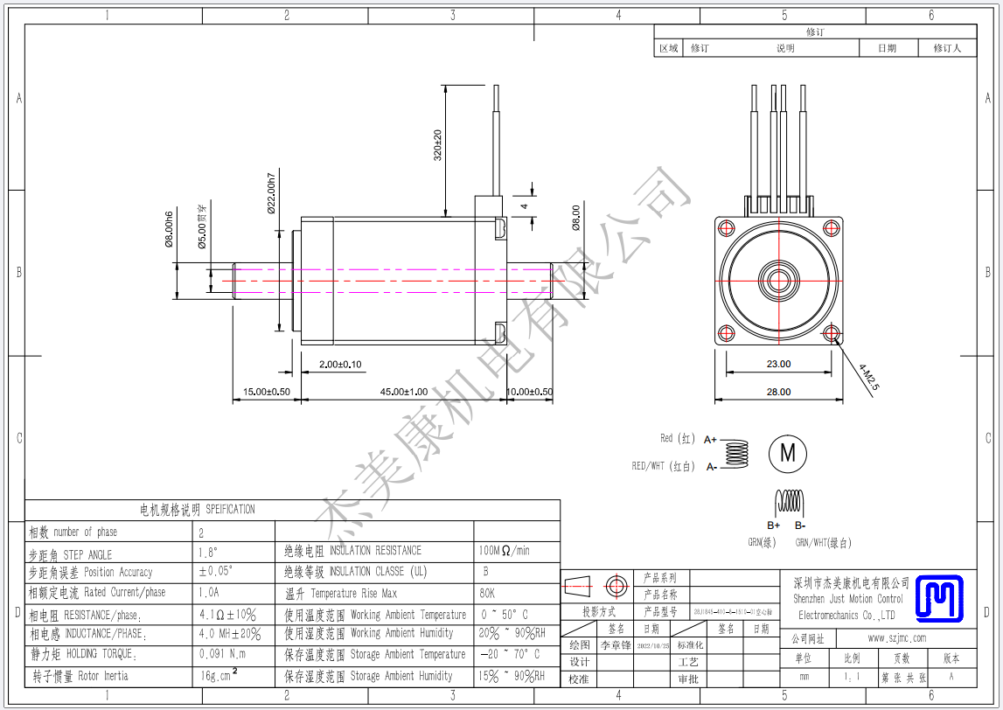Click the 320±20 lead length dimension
coord(438,145)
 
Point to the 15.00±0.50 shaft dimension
coord(267,392)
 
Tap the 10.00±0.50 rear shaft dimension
coord(530,392)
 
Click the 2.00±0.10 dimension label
coord(340,365)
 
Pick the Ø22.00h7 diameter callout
coord(272,190)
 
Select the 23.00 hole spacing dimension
coord(778,364)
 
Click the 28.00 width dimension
coord(778,393)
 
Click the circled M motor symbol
coord(788,453)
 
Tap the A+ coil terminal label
coord(710,440)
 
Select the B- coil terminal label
coord(799,526)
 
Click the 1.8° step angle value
coord(210,553)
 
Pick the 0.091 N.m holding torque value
coord(223,653)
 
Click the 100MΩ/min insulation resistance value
coord(505,552)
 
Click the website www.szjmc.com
coord(896,638)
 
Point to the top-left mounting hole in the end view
coord(726,227)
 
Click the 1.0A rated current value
coord(211,593)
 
